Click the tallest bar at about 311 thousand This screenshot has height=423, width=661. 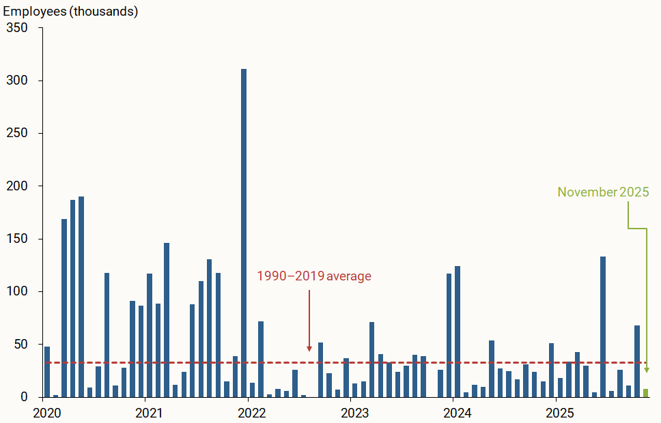(x=244, y=232)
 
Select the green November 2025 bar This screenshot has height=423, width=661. (x=646, y=393)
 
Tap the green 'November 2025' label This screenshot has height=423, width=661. (x=603, y=192)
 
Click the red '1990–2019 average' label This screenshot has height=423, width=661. (x=314, y=276)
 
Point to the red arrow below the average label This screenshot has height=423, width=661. (x=309, y=321)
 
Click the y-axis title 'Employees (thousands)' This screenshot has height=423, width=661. (x=71, y=12)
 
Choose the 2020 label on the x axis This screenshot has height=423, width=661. (x=47, y=413)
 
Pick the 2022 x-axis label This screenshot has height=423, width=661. (x=252, y=413)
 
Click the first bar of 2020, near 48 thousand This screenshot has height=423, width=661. (x=47, y=372)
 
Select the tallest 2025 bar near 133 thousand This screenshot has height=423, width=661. (x=603, y=326)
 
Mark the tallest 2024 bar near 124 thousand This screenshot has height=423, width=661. (x=458, y=331)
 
